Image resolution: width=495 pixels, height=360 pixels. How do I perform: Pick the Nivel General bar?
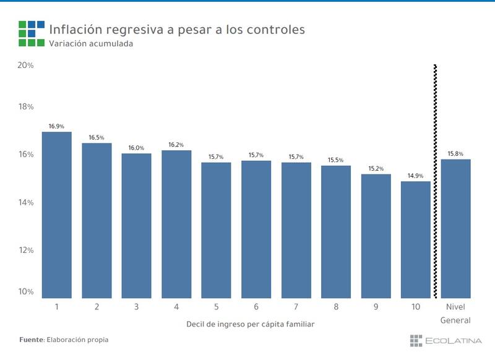pos(455,229)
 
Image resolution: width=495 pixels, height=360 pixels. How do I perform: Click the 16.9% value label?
pos(56,126)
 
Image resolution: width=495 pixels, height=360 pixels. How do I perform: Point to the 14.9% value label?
pos(416,176)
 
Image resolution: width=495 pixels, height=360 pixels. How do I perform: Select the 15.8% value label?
pos(455,153)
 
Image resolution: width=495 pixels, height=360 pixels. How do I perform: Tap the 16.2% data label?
pos(176,145)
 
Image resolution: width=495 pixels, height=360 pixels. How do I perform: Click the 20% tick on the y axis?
pos(25,65)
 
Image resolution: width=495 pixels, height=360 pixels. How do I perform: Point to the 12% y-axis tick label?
pos(25,250)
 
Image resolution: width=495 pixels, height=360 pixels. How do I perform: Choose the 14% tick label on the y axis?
pos(25,202)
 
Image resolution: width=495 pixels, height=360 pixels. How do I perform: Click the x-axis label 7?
pos(296,307)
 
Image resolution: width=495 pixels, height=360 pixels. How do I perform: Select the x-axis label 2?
pos(97,307)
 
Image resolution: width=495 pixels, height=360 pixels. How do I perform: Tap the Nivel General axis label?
pos(455,313)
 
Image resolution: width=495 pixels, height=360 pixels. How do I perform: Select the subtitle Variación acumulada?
pos(90,44)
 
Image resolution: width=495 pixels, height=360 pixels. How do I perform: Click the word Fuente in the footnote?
pos(31,340)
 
